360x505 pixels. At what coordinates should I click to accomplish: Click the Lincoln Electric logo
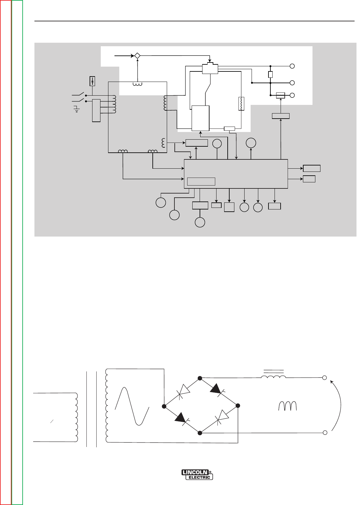[197, 474]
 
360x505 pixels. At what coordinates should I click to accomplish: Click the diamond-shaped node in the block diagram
[137, 55]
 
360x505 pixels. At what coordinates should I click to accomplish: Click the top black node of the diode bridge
[200, 378]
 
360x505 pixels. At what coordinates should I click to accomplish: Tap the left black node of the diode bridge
[164, 406]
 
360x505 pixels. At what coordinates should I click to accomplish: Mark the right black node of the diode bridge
[238, 406]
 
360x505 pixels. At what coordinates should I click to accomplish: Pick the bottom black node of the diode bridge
[200, 433]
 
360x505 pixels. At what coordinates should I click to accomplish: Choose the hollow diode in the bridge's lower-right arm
[221, 419]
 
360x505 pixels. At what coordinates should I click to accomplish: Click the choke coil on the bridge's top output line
[273, 377]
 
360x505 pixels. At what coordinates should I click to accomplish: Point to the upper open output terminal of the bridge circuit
[325, 378]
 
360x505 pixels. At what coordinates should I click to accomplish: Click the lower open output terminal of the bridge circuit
[325, 433]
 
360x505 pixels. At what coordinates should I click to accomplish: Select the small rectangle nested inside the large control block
[201, 181]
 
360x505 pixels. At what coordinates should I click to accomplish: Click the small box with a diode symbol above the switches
[92, 81]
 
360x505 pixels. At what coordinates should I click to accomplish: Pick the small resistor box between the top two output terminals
[270, 74]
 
